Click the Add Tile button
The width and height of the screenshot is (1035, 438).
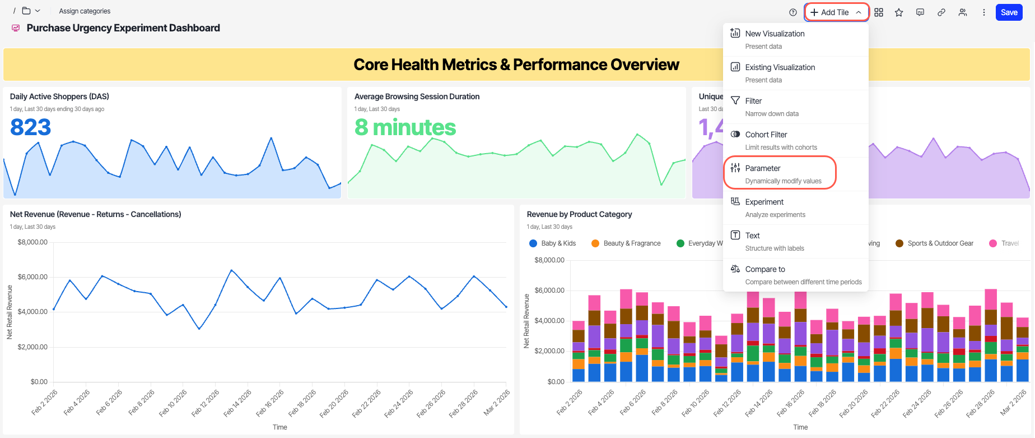[836, 12]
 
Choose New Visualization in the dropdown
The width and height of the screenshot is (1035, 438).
[775, 34]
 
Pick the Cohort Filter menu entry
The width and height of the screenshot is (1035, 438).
[766, 135]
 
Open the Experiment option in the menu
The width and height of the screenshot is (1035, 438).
[764, 202]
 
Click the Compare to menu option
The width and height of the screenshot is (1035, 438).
[765, 270]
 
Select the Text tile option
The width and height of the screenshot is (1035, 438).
[752, 236]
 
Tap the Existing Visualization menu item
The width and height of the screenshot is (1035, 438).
[780, 68]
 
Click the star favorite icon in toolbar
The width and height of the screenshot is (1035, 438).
[899, 12]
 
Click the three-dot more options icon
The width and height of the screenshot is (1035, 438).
[983, 12]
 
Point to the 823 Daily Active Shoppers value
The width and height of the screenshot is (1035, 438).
[31, 127]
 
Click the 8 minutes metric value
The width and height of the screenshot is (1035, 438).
[405, 127]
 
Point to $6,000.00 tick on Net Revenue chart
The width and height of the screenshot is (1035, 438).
[32, 277]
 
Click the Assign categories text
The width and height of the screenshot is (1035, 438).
[85, 11]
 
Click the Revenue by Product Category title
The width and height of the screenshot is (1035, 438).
[579, 214]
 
